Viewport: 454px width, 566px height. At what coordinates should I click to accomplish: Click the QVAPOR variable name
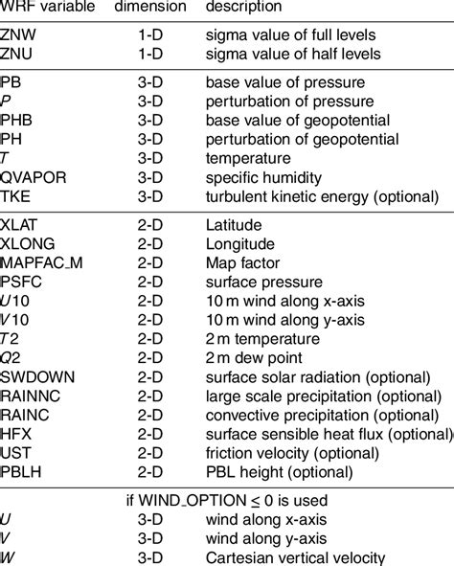34,176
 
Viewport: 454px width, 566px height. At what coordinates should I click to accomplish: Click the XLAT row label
22,227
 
